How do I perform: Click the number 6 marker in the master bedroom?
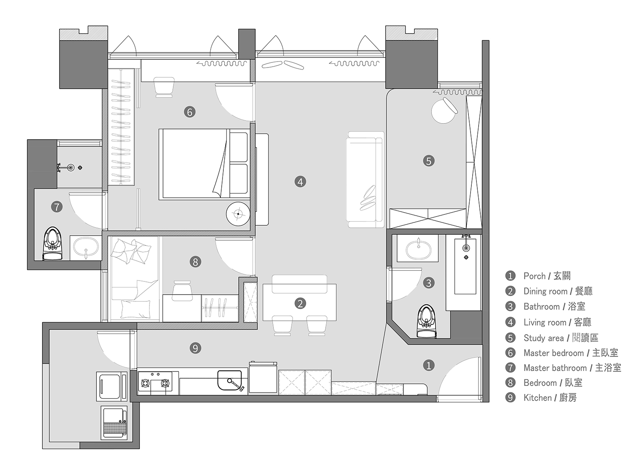pos(190,112)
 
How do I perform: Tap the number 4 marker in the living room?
pos(300,182)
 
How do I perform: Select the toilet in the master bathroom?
pos(53,243)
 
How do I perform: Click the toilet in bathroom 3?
pos(427,321)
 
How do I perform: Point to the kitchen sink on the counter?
pos(230,380)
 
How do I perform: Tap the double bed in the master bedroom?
pos(204,164)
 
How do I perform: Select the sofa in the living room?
pos(365,180)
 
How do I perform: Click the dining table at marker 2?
pos(299,302)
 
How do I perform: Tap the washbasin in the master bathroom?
pos(86,248)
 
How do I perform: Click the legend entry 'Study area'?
pos(561,338)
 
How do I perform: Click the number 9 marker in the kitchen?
pos(195,348)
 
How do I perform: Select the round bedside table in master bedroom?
pos(238,214)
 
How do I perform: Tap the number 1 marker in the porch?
pos(428,365)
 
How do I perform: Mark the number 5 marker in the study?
pos(428,160)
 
